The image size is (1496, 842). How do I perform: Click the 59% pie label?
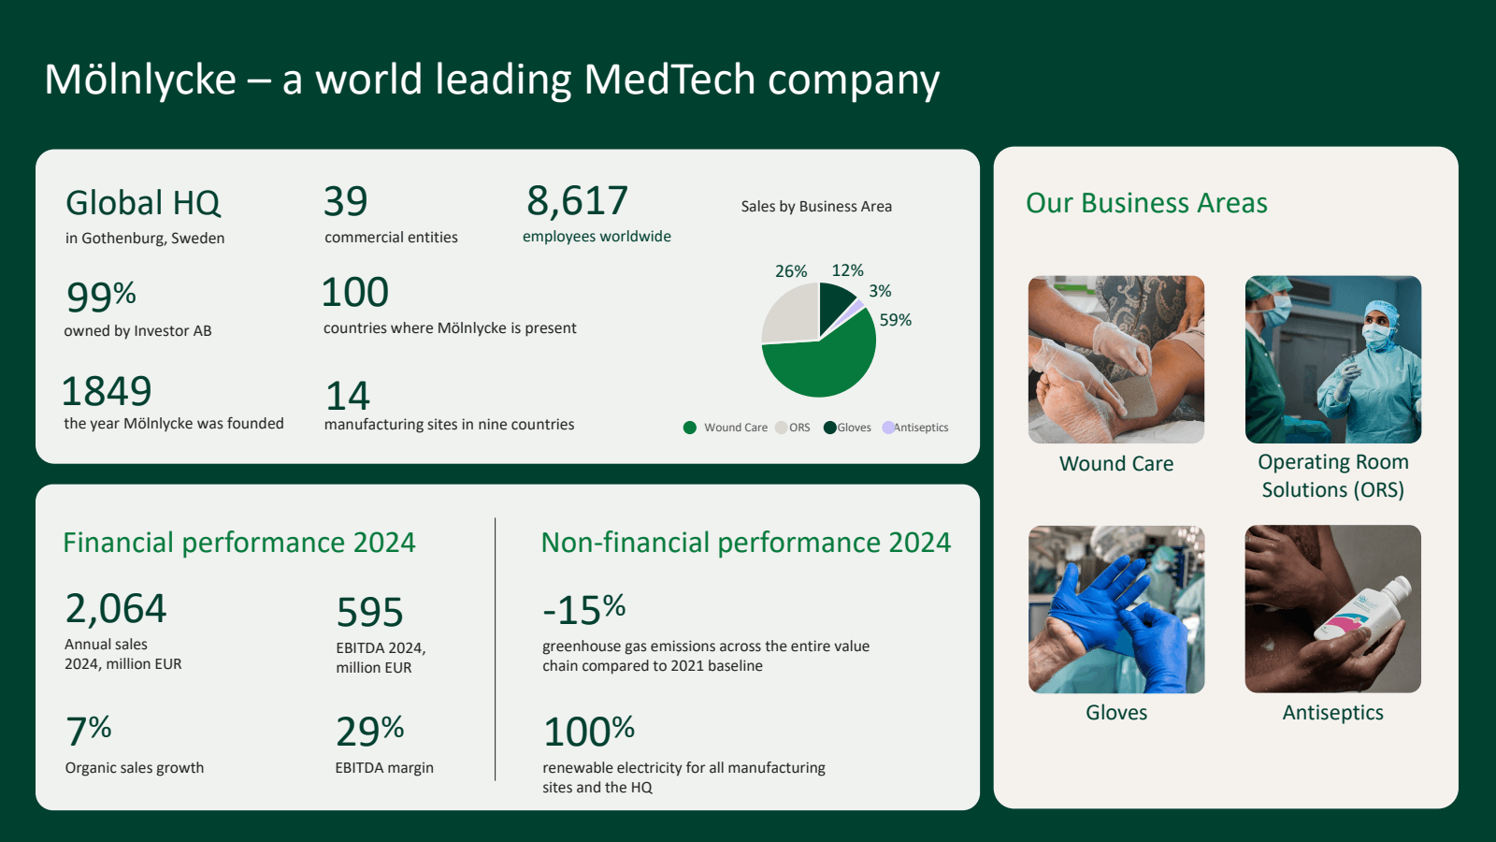[x=895, y=320]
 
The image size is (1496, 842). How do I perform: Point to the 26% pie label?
[x=791, y=271]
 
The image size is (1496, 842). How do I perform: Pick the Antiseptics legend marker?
[x=888, y=428]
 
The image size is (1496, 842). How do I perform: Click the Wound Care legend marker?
[x=690, y=428]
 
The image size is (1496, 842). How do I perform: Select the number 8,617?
[x=577, y=200]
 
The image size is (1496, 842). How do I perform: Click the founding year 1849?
[x=107, y=391]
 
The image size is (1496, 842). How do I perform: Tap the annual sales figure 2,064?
[x=116, y=608]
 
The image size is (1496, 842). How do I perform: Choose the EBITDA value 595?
[x=369, y=612]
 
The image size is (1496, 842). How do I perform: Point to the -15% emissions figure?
[x=583, y=609]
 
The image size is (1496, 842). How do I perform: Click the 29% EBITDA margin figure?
[x=370, y=731]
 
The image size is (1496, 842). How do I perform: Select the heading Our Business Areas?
[x=1146, y=203]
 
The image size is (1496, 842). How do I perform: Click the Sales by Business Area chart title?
[x=816, y=207]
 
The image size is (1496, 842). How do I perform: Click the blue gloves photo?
[x=1116, y=609]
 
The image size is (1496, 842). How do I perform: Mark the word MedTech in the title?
[x=669, y=79]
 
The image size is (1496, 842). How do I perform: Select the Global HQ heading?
[x=143, y=202]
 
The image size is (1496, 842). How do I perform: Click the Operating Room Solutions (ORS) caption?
[x=1333, y=476]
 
